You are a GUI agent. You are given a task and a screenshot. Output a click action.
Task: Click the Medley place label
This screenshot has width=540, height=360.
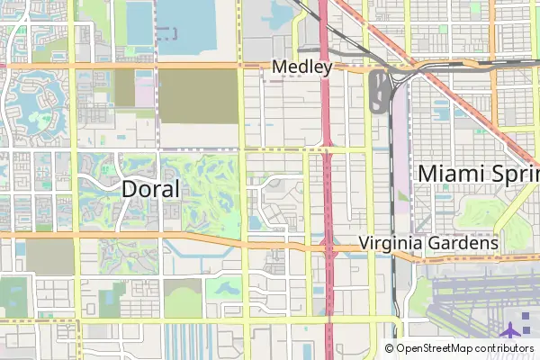(302, 67)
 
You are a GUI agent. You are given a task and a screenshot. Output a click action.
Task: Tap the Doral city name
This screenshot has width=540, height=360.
(150, 189)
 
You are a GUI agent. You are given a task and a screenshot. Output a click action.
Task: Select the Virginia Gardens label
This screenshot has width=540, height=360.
(428, 243)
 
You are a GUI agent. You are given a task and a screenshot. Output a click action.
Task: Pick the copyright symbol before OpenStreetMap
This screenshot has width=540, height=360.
(390, 348)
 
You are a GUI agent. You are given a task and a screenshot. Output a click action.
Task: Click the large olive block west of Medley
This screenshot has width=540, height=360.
(198, 96)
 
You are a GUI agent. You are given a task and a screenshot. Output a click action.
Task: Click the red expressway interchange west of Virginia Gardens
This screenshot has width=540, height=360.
(328, 247)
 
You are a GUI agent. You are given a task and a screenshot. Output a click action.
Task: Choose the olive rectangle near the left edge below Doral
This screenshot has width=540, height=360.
(44, 257)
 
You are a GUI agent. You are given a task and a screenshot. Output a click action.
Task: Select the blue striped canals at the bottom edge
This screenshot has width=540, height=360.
(198, 342)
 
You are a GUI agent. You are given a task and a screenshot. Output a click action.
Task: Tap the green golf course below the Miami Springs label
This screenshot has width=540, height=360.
(477, 212)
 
